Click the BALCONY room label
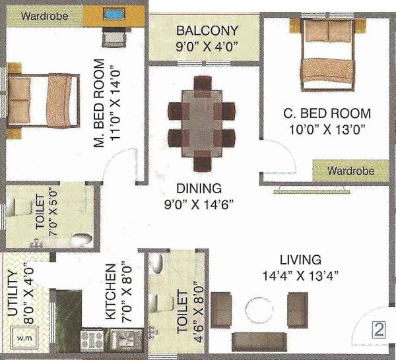pos(207,31)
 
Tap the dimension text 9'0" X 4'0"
pos(207,47)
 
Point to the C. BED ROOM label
pos(327,113)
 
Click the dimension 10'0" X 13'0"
pos(327,129)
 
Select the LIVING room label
pos(300,259)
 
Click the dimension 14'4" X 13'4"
pos(300,276)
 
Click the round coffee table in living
pos(258,309)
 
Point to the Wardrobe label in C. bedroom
pos(352,171)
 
